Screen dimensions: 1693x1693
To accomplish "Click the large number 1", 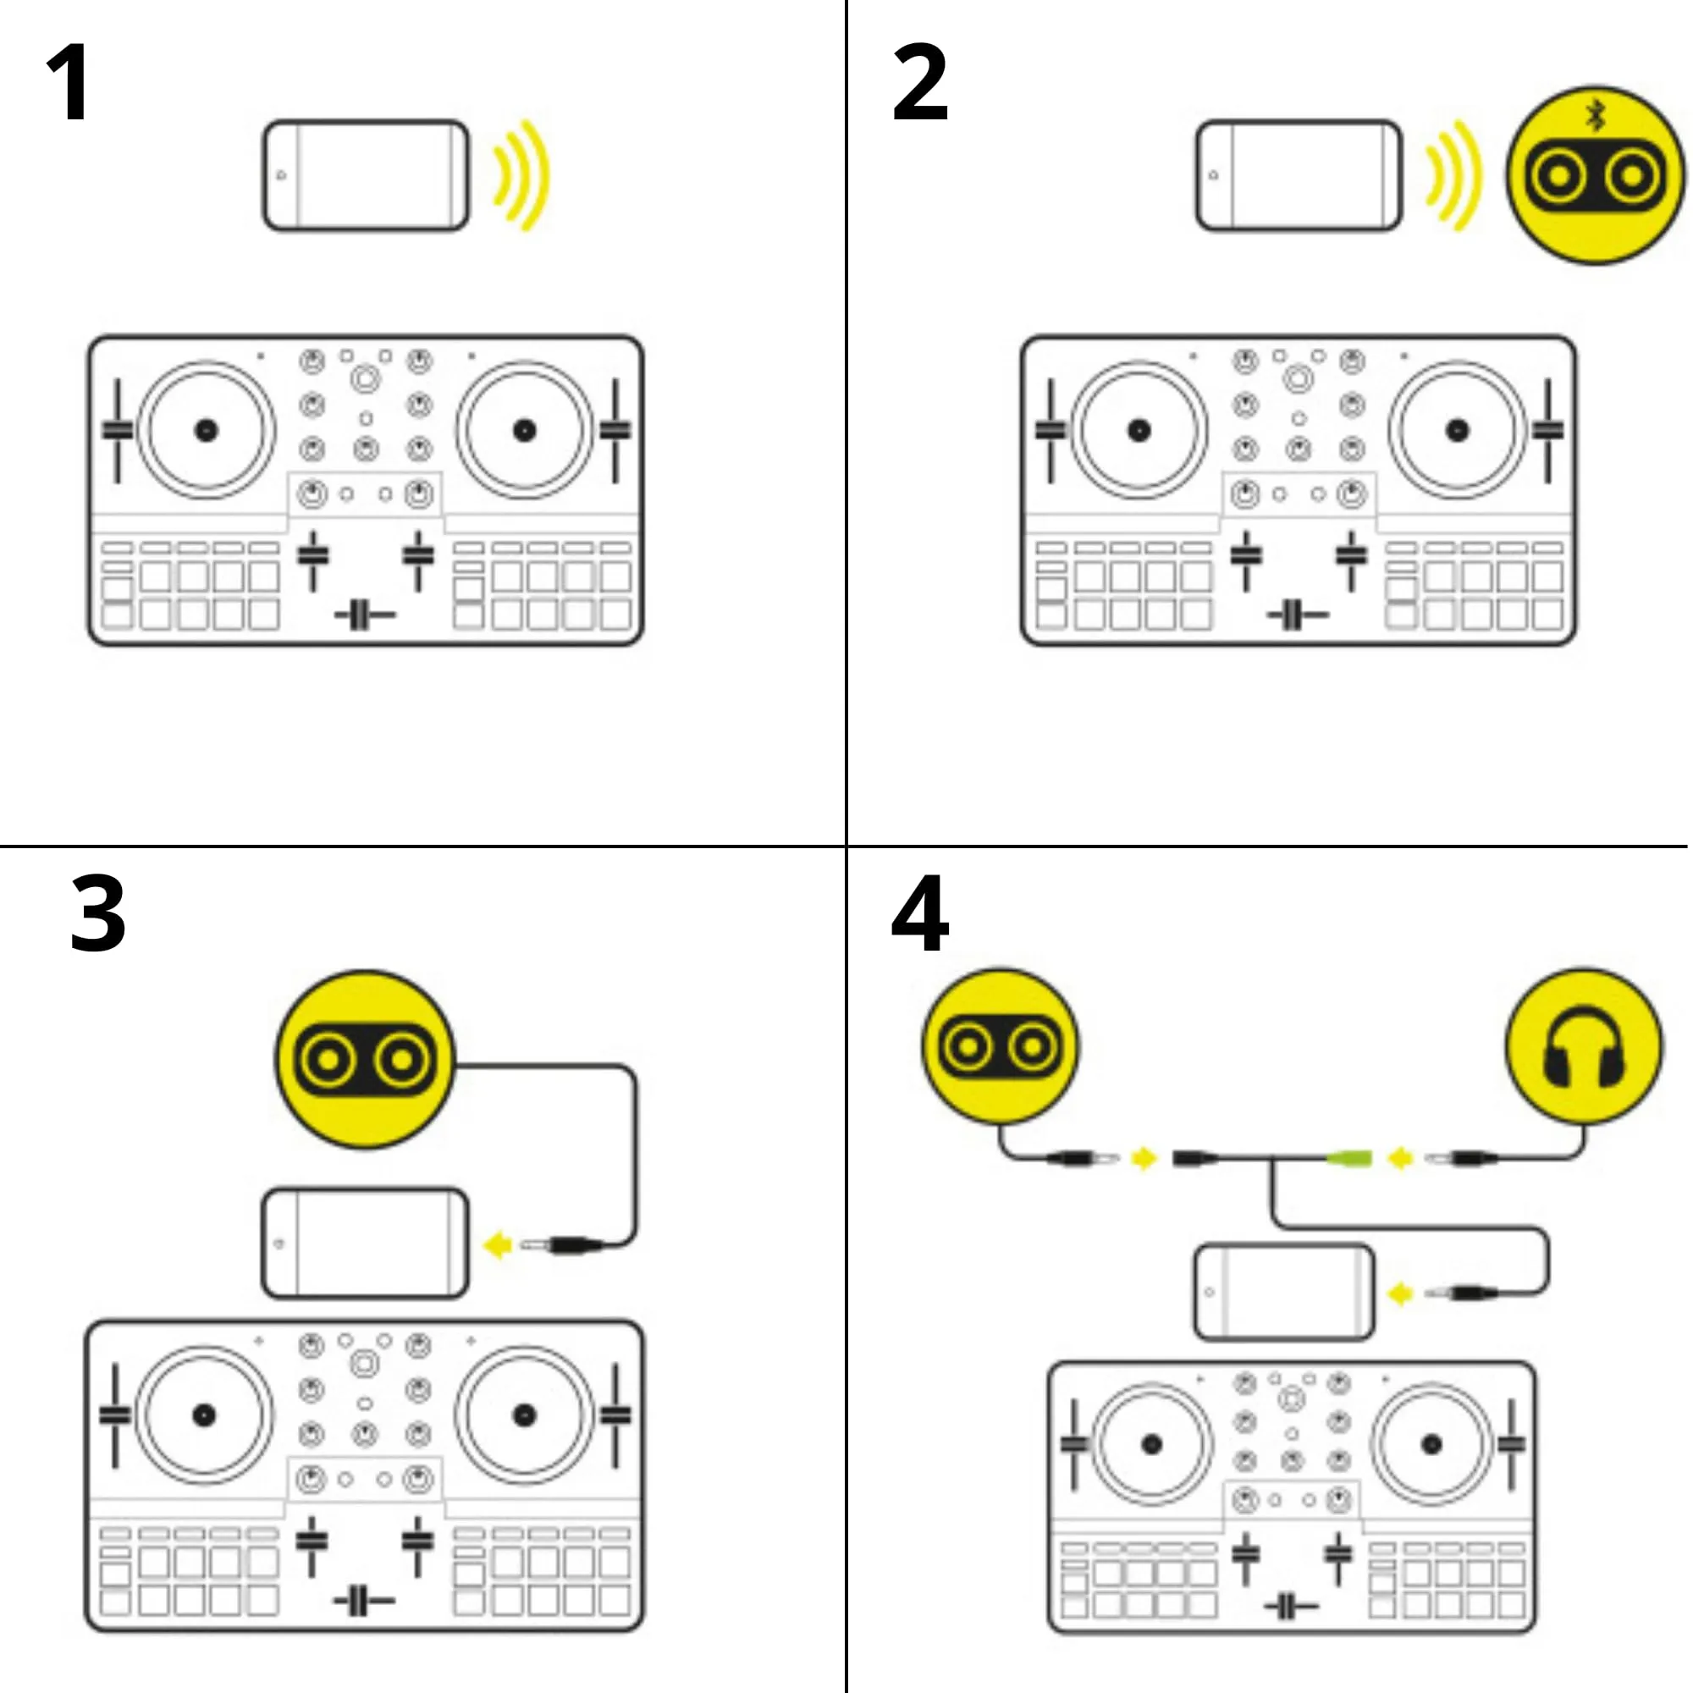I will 69,83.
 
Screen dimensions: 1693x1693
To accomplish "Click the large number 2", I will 919,83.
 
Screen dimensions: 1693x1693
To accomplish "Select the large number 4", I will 919,914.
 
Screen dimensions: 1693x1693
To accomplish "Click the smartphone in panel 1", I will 367,176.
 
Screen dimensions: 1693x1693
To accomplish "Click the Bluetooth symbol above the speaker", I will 1596,115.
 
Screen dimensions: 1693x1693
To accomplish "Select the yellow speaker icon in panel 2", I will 1595,176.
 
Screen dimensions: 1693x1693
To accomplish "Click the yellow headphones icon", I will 1584,1046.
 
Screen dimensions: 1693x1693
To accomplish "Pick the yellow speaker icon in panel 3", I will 366,1060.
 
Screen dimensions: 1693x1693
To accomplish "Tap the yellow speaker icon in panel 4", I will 1000,1046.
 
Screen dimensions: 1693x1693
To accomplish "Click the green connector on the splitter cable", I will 1348,1160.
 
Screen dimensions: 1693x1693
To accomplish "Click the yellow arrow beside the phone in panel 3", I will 498,1245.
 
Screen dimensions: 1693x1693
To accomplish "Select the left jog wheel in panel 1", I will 206,430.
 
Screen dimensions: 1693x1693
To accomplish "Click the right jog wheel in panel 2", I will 1456,430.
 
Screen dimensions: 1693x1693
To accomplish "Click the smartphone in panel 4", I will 1285,1293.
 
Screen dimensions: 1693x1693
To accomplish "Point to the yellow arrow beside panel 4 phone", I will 1400,1293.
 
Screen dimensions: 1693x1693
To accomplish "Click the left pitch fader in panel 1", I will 117,429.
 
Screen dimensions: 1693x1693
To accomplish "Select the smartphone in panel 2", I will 1299,176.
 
